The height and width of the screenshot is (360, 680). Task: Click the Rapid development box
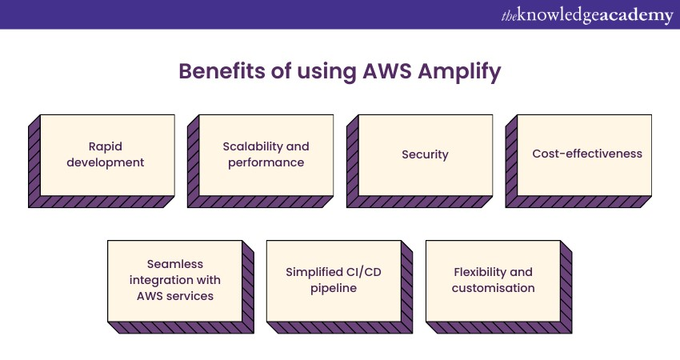click(x=106, y=154)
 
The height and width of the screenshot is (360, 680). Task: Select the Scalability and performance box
click(x=265, y=154)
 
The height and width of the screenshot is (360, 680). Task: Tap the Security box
click(x=425, y=154)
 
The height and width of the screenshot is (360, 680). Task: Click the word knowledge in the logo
click(x=559, y=15)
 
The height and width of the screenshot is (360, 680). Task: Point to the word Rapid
click(x=106, y=146)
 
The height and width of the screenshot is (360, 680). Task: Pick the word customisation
click(x=493, y=288)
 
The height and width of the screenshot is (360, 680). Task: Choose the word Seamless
click(x=175, y=264)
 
